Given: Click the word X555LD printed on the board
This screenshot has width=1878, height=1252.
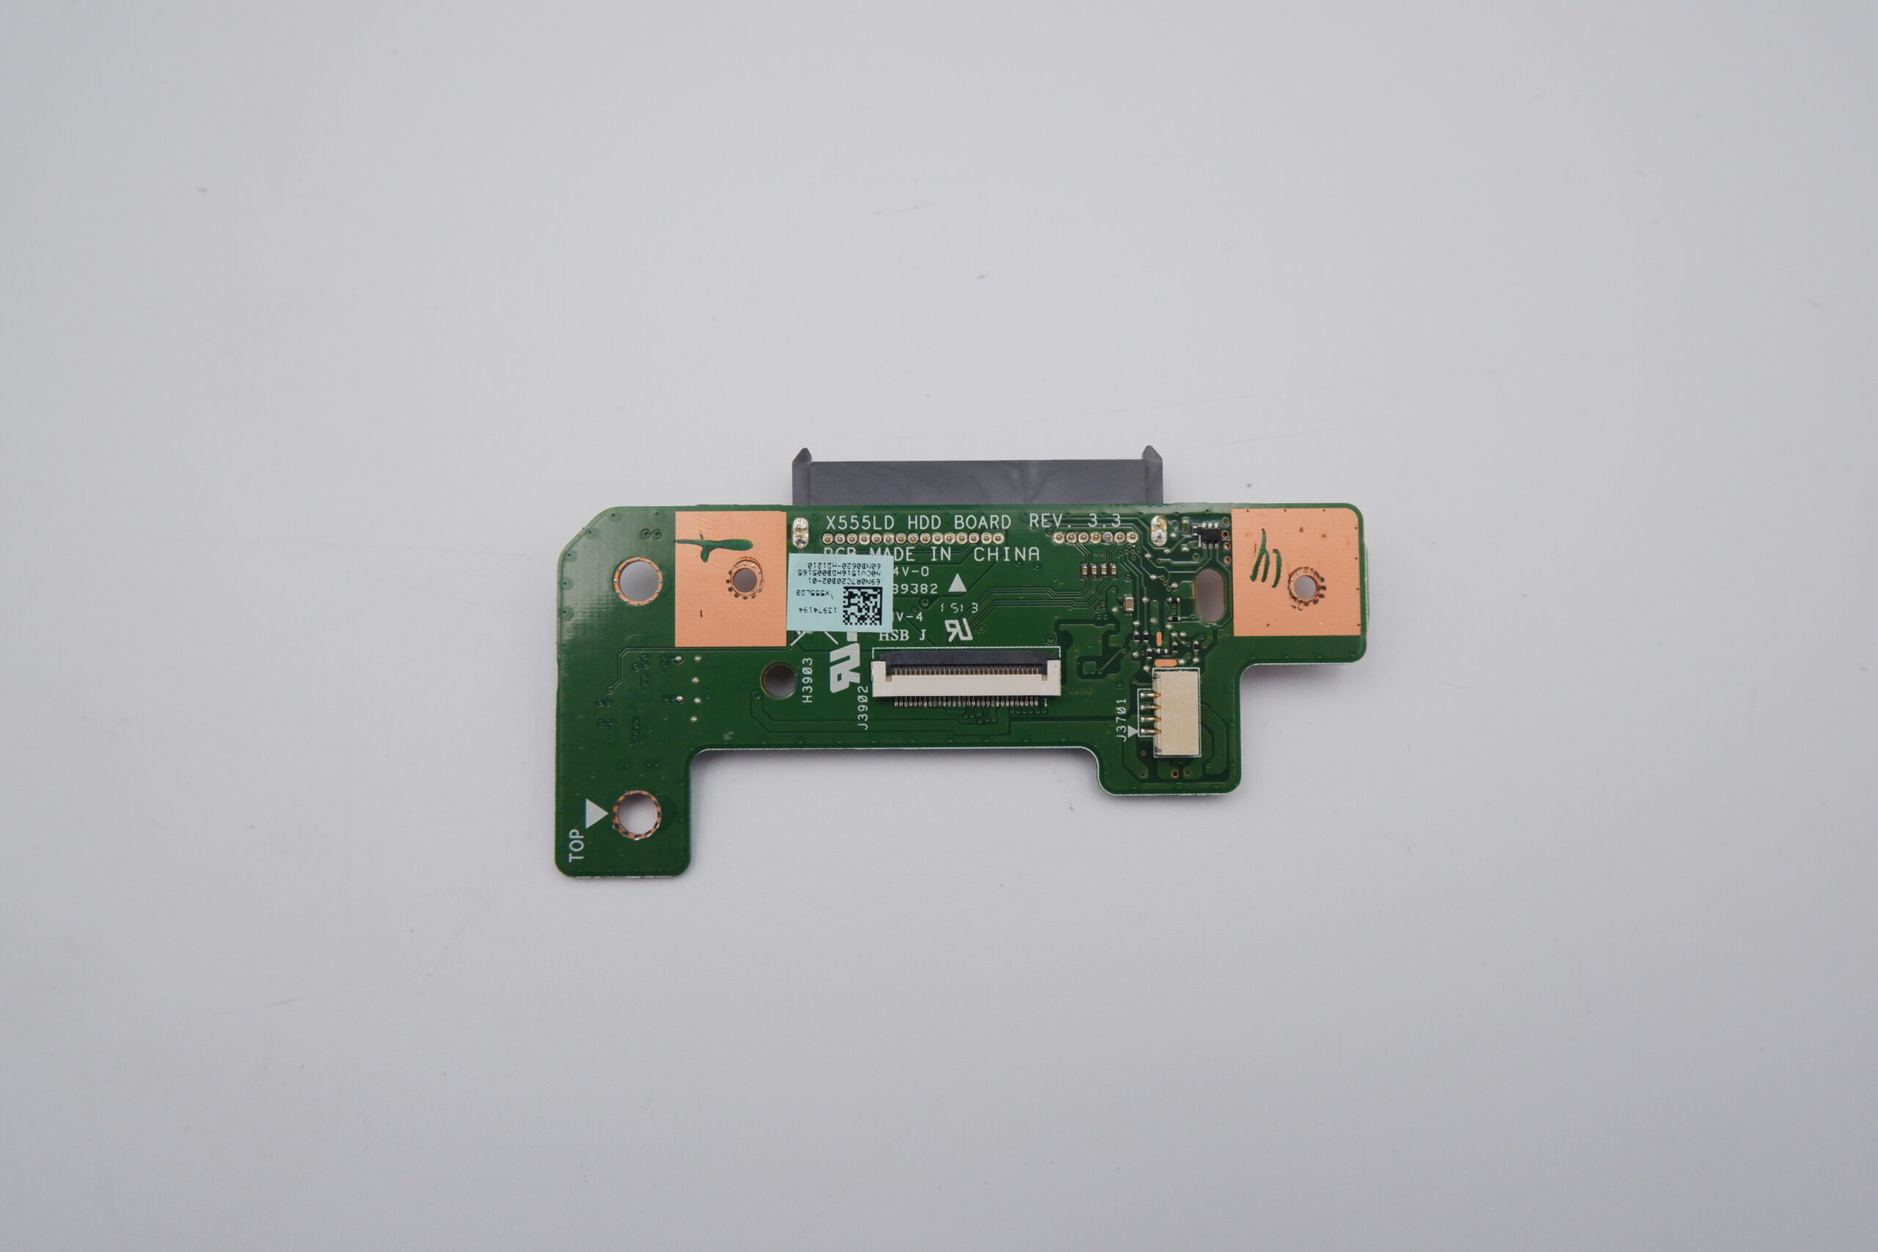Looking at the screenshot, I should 861,523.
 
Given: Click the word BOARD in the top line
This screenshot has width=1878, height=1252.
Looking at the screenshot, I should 982,522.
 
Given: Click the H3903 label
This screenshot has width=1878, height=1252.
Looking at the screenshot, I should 807,679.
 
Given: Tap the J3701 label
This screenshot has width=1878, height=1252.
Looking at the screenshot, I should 1121,720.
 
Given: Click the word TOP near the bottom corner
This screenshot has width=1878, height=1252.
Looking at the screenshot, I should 576,846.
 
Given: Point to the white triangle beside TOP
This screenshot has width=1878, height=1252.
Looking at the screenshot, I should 596,814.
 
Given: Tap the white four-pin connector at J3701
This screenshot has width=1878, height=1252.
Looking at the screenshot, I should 1176,711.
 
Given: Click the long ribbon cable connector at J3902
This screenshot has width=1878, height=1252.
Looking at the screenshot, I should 965,676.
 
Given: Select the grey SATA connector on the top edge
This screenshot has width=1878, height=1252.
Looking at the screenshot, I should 976,479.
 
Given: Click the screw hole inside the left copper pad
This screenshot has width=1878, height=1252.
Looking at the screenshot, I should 744,579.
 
